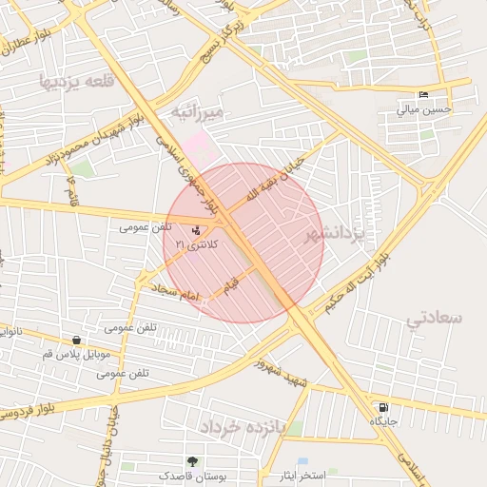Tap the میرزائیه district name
tap(197, 113)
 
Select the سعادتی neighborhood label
tap(434, 317)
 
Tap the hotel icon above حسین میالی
tap(423, 94)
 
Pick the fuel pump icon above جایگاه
tap(383, 407)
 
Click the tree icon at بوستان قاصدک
tap(192, 461)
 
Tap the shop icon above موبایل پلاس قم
tap(76, 340)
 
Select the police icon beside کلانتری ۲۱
tap(196, 229)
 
